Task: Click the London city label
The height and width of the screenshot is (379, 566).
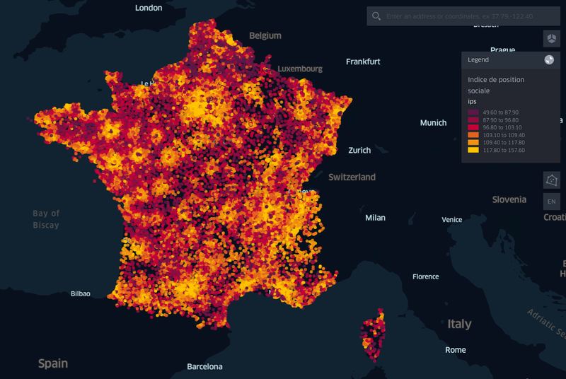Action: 149,8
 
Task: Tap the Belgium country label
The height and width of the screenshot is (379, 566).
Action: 265,35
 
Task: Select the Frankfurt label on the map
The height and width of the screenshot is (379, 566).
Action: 363,62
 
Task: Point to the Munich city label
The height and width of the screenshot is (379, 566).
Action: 433,123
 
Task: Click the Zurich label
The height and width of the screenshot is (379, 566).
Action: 359,150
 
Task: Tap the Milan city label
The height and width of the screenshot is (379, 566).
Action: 375,218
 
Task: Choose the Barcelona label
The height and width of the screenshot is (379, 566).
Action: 204,367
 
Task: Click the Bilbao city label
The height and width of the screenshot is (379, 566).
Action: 81,293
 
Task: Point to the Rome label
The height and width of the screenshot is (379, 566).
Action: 456,350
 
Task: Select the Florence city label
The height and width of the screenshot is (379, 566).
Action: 426,276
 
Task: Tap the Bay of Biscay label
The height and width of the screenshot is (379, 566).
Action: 46,219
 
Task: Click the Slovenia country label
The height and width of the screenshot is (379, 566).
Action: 509,199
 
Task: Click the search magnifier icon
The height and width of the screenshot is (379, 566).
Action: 376,16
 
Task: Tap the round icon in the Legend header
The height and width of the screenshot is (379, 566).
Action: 549,60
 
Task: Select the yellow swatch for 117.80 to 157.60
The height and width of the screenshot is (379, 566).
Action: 473,150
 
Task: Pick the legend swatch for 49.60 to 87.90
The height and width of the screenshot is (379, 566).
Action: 473,112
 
